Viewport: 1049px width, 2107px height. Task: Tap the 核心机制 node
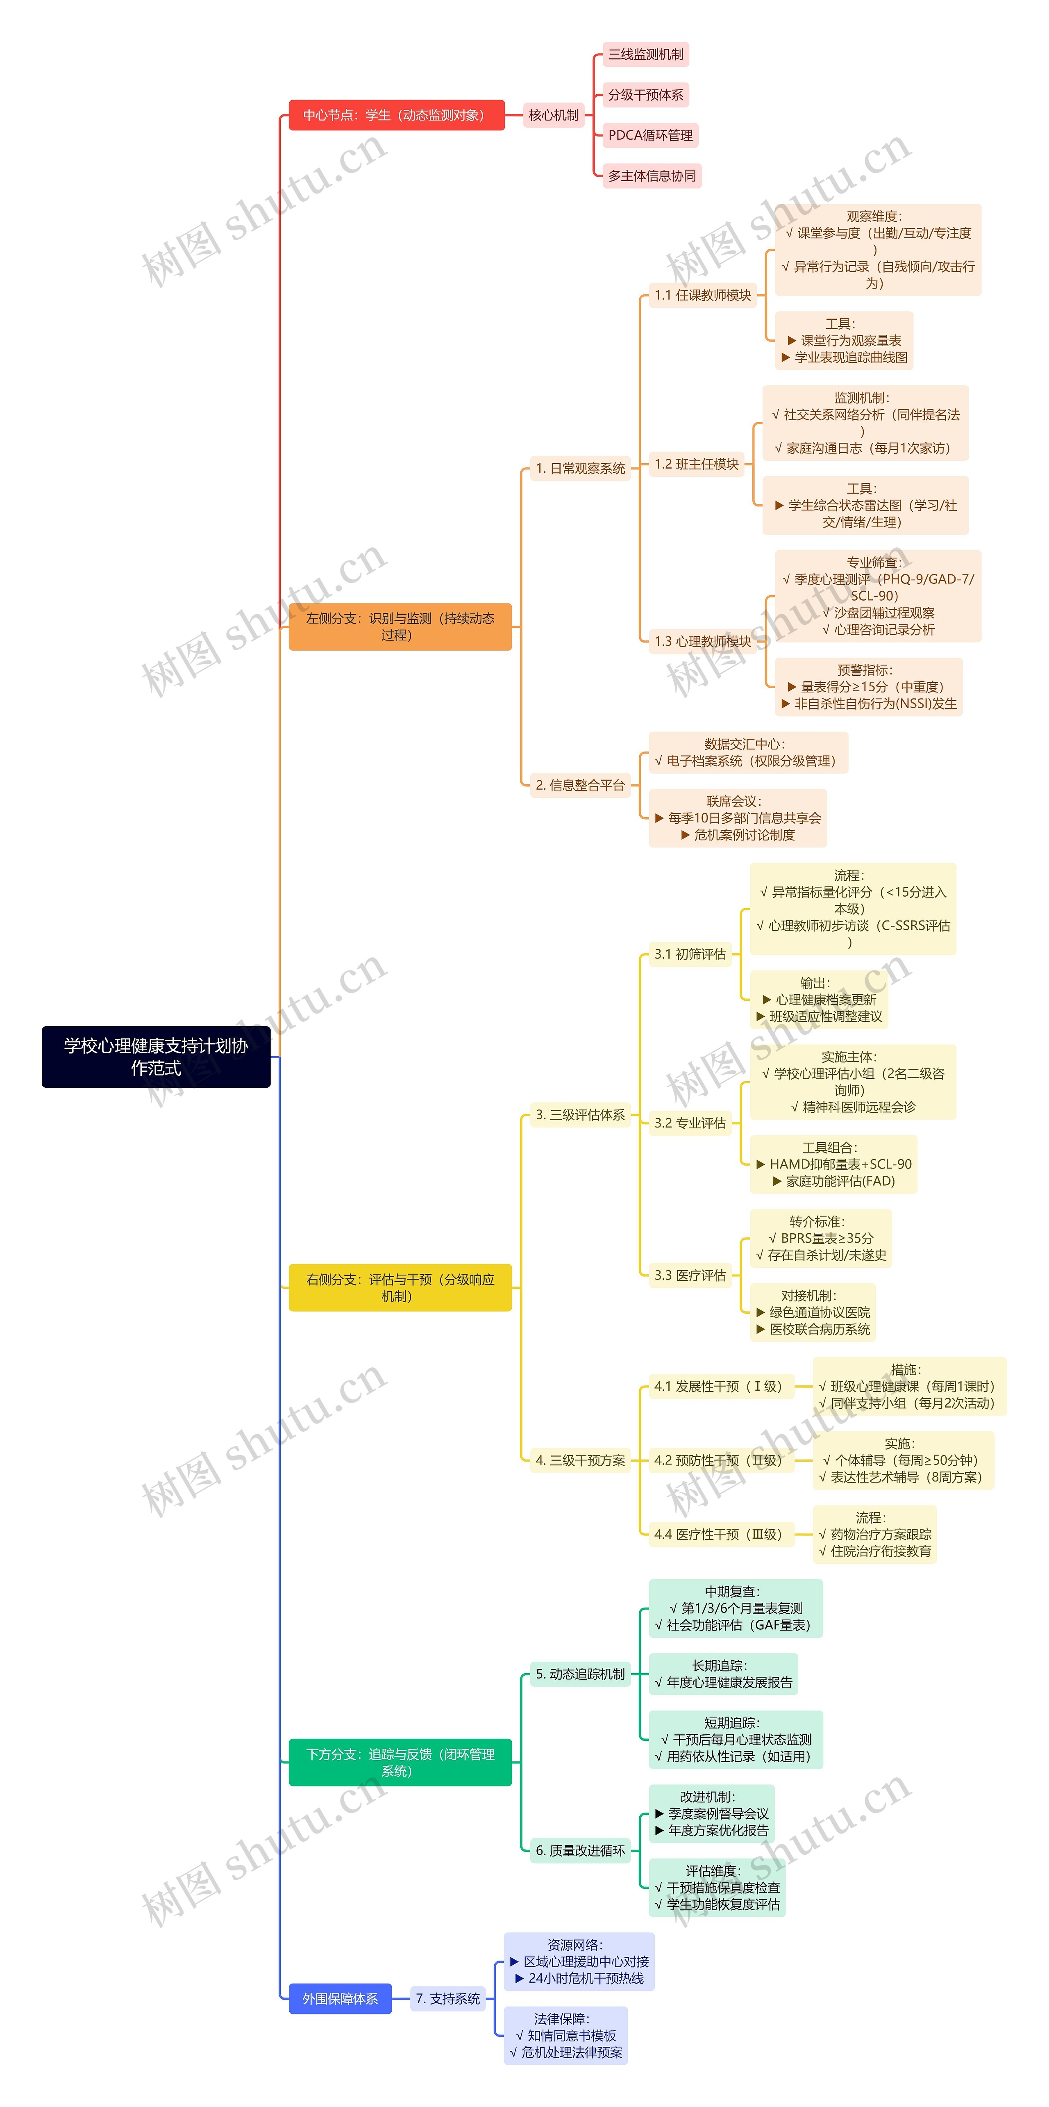point(554,115)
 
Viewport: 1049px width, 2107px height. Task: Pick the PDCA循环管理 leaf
point(650,135)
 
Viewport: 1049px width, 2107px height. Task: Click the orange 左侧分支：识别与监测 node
point(400,626)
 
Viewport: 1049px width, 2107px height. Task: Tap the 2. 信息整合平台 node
point(580,785)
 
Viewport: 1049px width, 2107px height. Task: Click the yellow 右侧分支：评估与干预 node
point(400,1287)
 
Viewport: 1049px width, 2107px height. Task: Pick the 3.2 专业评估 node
point(690,1123)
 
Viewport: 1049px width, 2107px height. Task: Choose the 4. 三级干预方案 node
point(580,1460)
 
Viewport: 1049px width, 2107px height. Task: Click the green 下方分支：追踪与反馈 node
point(400,1763)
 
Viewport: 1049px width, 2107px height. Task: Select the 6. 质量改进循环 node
point(580,1850)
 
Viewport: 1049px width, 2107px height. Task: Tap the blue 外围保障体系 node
point(340,1998)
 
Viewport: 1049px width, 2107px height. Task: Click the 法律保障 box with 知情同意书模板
point(566,2035)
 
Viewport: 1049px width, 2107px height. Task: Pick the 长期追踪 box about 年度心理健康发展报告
point(723,1674)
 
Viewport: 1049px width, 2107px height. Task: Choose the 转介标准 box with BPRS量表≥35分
point(820,1238)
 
